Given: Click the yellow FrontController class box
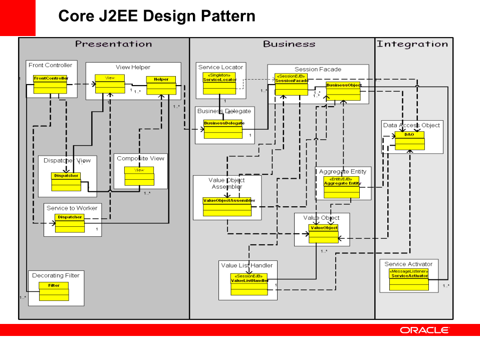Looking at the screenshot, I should [50, 84].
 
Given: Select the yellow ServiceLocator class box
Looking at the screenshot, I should [219, 83].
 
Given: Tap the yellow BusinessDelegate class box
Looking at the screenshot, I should [223, 129].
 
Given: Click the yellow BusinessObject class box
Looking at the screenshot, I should [343, 91].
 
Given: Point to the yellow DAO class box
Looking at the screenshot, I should [409, 141].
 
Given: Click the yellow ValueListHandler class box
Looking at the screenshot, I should [249, 283].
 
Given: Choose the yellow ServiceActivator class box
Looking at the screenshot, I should [409, 280].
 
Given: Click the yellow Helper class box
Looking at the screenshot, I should [161, 85].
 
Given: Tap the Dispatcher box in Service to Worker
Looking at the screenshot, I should [70, 223].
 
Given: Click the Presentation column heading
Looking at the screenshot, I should [113, 44].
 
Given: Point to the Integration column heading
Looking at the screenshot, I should [412, 44].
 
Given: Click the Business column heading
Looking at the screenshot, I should [289, 44].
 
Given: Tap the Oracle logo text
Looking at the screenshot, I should [424, 330].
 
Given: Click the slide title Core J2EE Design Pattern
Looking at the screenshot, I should [157, 16].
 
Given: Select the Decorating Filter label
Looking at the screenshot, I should [56, 275].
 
